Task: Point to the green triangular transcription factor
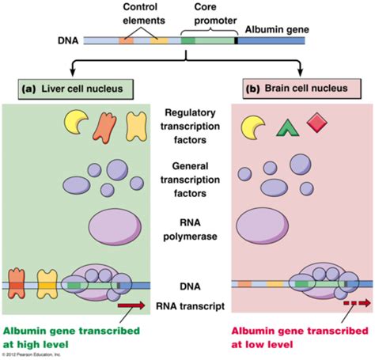coord(286,127)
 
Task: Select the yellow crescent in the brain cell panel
coord(253,126)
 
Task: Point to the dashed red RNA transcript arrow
coord(358,302)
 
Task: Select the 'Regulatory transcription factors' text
coord(190,127)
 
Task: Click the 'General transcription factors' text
coord(190,180)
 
